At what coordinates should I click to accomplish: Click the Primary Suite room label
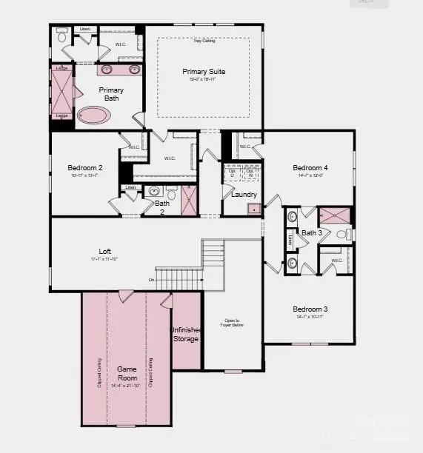coord(204,72)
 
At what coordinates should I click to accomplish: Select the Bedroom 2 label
coord(85,168)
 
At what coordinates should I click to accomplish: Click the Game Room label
coord(127,372)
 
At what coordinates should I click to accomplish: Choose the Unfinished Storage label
coord(185,335)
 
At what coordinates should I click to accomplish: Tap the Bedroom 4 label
coord(310,167)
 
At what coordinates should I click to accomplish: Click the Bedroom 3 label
coord(310,309)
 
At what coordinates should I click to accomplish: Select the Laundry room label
coord(244,195)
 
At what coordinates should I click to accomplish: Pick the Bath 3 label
coord(312,233)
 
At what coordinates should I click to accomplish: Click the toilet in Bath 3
coord(342,234)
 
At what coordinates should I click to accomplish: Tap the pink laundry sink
coord(254,209)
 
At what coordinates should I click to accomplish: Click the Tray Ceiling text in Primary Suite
coord(204,41)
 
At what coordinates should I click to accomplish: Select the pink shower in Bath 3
coord(335,216)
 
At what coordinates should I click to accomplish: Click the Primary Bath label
coord(111,94)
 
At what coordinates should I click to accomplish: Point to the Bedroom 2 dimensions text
coord(85,176)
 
